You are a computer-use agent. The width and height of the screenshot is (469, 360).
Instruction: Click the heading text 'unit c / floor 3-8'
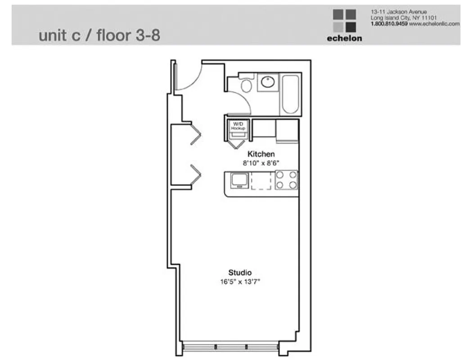click(x=99, y=36)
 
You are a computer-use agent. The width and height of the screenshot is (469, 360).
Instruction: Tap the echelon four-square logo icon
click(x=344, y=21)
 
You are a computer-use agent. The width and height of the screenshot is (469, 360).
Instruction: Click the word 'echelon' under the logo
click(x=344, y=38)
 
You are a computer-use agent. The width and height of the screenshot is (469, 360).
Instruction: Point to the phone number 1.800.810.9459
click(x=389, y=23)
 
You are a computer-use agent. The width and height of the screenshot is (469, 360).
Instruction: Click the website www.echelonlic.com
click(x=434, y=23)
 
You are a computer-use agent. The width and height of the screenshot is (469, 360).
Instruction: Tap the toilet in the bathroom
click(x=246, y=84)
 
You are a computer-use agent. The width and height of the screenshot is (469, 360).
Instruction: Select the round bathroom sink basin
click(x=268, y=82)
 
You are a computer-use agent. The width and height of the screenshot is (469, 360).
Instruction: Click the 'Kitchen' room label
click(x=261, y=154)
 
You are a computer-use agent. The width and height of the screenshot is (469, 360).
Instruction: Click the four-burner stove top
click(x=286, y=180)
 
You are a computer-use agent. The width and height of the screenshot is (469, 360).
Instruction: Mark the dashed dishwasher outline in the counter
click(x=262, y=180)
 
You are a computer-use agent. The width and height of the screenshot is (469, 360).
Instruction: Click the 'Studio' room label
click(x=239, y=272)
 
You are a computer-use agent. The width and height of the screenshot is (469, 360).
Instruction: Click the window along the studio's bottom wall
click(x=230, y=347)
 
